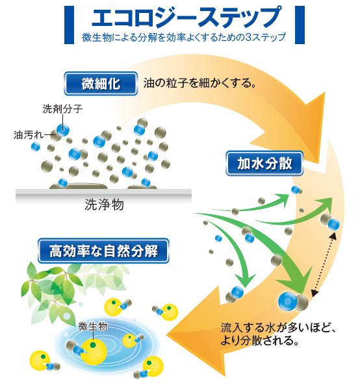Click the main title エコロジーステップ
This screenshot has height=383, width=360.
tap(186, 17)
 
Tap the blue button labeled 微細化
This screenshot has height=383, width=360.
tap(101, 84)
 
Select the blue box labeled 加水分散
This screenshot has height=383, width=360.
tap(264, 164)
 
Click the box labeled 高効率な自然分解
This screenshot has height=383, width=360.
tap(103, 251)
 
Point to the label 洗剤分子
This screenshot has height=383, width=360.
tap(62, 109)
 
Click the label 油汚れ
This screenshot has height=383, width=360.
tap(29, 134)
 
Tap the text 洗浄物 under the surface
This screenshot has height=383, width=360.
tap(105, 204)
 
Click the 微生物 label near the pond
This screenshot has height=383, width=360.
tap(93, 326)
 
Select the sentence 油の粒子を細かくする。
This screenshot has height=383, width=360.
tap(199, 83)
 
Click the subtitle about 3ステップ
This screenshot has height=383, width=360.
tap(184, 38)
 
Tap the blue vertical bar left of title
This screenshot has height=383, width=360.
tap(70, 25)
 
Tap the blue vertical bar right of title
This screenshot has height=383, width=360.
tap(300, 25)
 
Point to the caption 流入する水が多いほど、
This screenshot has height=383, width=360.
tap(279, 328)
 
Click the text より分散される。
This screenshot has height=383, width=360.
tap(260, 341)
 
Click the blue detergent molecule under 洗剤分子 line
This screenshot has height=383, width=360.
tap(63, 130)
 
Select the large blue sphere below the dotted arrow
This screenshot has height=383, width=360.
tap(289, 301)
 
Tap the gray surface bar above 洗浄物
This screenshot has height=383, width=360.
tap(103, 192)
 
